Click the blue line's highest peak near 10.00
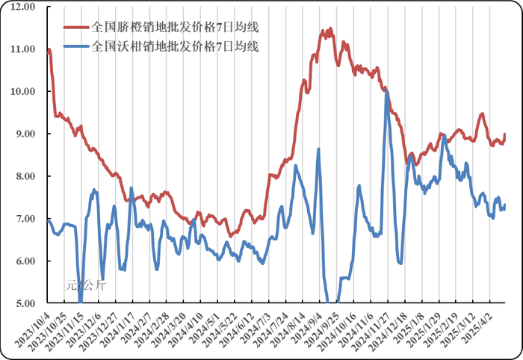click(x=386, y=91)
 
